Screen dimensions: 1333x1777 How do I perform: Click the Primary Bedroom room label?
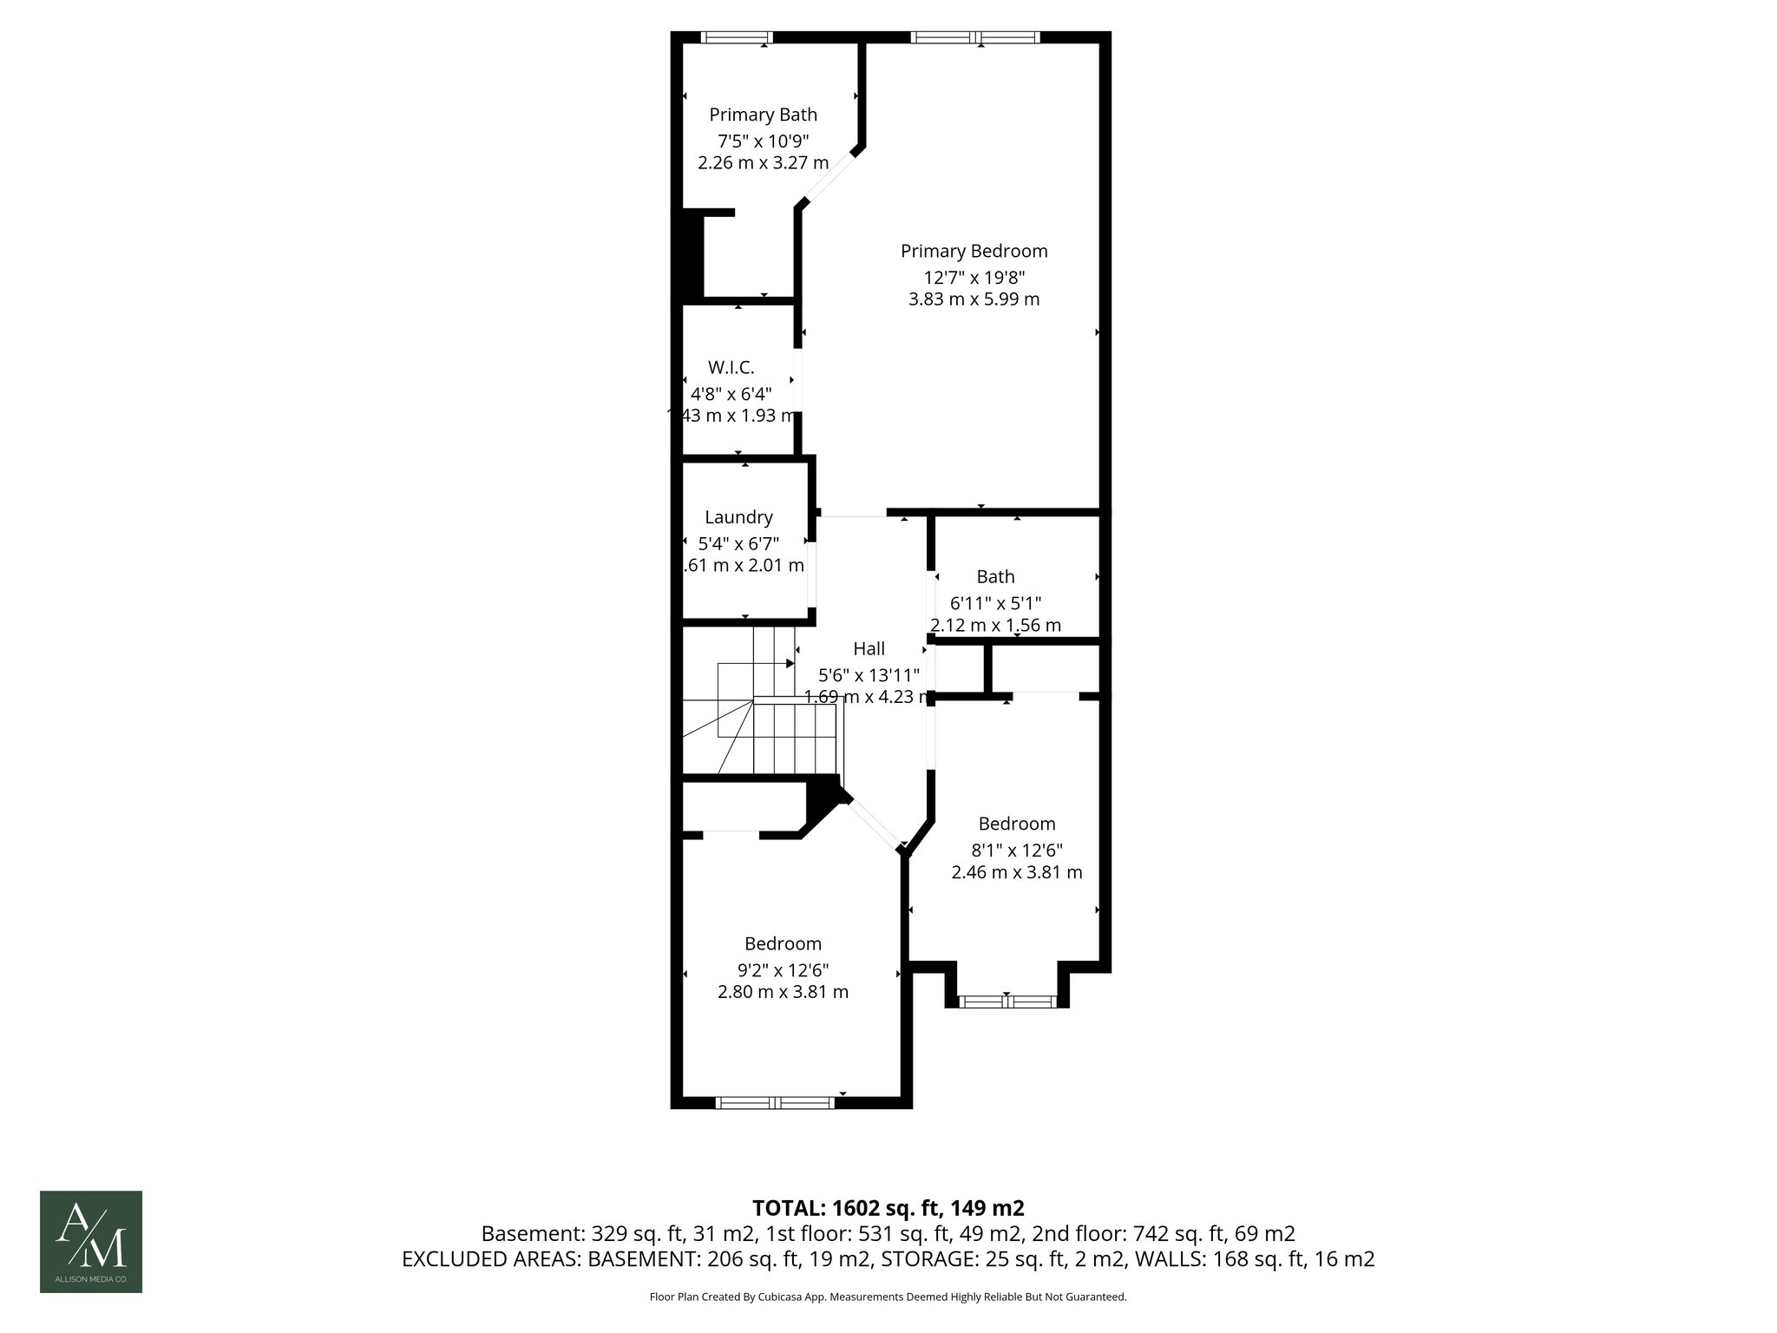(x=974, y=252)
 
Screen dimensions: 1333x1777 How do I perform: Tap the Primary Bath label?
(x=763, y=115)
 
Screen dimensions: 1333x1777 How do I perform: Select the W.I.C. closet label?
(x=731, y=368)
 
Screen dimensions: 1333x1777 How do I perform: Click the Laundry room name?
(x=738, y=517)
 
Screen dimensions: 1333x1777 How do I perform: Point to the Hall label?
(x=869, y=648)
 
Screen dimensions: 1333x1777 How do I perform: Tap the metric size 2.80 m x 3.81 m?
(x=783, y=992)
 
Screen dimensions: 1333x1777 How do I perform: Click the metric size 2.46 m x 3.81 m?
(x=1016, y=872)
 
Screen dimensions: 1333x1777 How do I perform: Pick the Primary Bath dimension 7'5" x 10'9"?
(x=763, y=140)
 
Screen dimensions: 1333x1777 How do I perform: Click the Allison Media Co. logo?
(x=91, y=1242)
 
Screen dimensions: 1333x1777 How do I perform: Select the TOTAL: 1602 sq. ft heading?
(x=888, y=1208)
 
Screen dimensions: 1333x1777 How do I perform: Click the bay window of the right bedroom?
(x=1007, y=1001)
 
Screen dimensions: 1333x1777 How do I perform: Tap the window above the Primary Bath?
(x=736, y=37)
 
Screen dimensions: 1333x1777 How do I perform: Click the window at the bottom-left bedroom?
(x=775, y=1103)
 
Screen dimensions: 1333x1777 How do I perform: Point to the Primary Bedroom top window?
(x=974, y=37)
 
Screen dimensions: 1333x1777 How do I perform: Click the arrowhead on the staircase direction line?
(x=790, y=664)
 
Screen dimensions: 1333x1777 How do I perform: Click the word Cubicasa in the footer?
(x=780, y=1297)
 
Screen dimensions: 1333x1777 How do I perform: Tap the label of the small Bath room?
(x=995, y=577)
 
